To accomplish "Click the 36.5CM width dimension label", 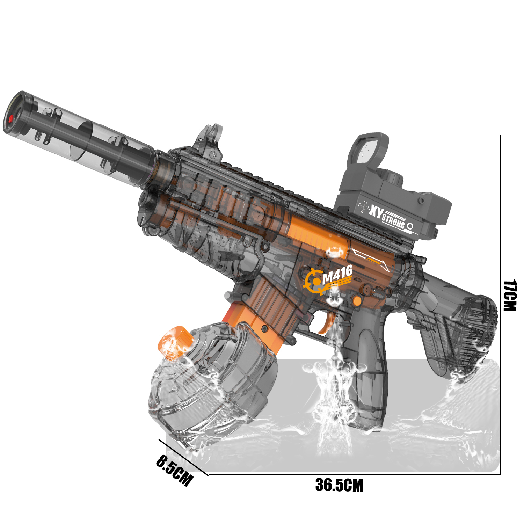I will point(339,485).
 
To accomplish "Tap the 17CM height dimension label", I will point(510,295).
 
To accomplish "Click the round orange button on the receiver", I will point(356,300).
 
